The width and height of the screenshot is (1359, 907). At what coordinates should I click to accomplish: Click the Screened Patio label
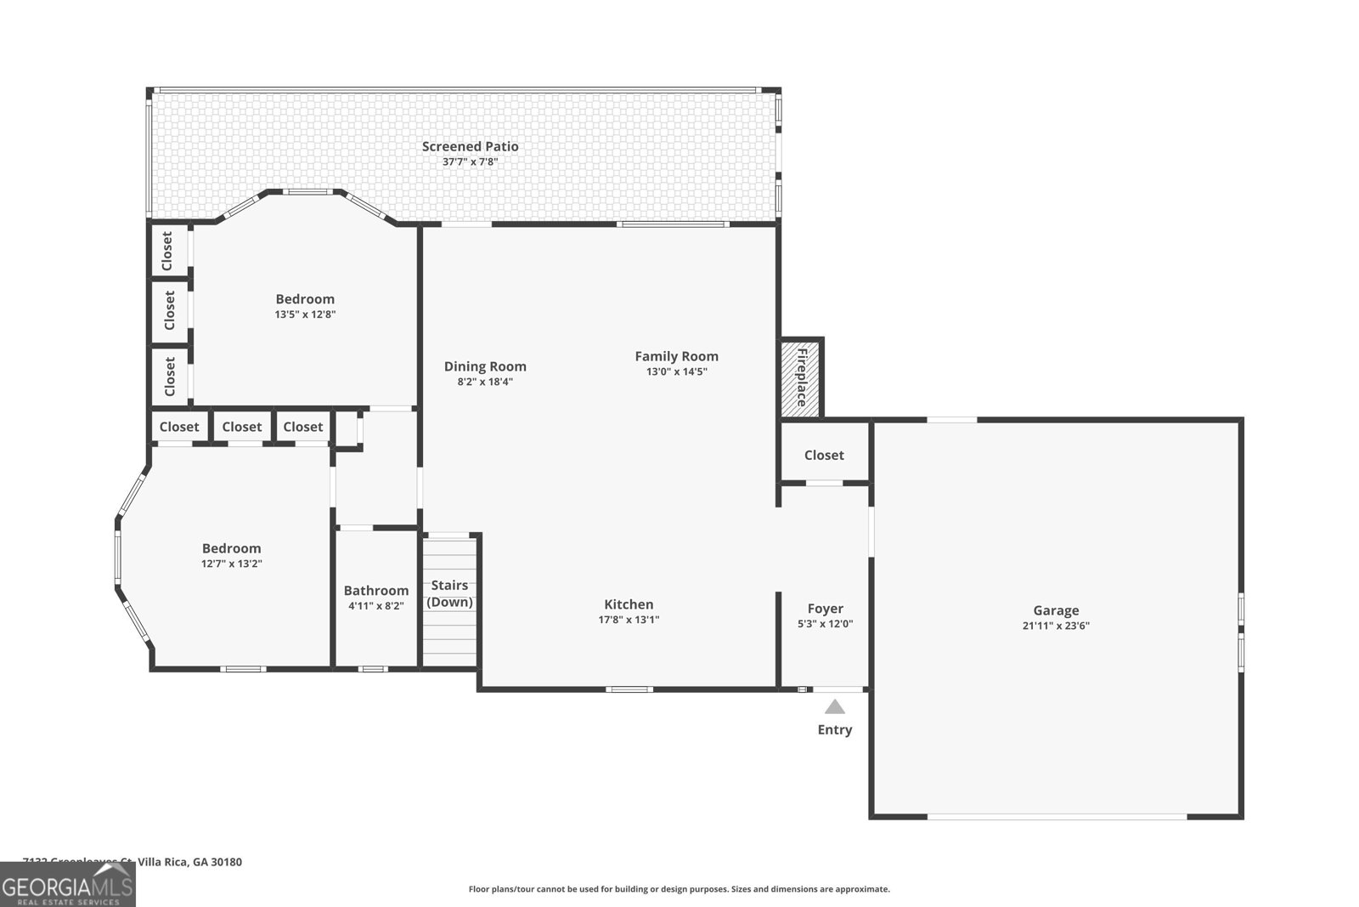click(x=470, y=146)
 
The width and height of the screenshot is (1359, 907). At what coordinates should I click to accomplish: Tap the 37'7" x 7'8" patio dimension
click(x=470, y=162)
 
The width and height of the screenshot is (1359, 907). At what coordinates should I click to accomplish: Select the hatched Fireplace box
click(x=800, y=377)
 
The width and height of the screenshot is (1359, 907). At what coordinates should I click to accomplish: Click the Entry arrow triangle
click(x=835, y=706)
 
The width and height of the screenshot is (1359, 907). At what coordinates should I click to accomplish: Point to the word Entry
click(x=834, y=729)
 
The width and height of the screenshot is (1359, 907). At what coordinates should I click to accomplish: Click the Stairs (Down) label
click(x=449, y=593)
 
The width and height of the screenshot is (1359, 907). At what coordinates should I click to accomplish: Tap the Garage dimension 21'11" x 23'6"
click(x=1056, y=626)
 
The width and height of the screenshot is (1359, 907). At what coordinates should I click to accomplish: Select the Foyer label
click(x=825, y=609)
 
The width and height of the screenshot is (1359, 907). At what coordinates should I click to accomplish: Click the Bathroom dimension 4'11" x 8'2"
click(x=375, y=606)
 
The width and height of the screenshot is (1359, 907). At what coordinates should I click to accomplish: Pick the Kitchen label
click(x=629, y=604)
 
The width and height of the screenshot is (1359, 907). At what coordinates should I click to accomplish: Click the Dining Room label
click(x=485, y=366)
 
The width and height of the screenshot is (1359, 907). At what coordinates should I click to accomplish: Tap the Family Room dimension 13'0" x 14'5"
click(x=676, y=371)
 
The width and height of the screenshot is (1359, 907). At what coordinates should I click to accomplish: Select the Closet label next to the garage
click(x=824, y=455)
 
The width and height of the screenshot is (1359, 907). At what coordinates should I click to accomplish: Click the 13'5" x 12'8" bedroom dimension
click(x=305, y=314)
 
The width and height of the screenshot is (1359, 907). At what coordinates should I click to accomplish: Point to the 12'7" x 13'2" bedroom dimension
click(x=231, y=564)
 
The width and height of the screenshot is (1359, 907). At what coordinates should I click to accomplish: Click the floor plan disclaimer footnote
click(x=679, y=889)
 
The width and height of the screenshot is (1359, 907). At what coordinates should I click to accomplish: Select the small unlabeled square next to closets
click(x=346, y=429)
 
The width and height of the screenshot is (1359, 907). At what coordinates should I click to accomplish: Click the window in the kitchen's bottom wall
click(x=629, y=689)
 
